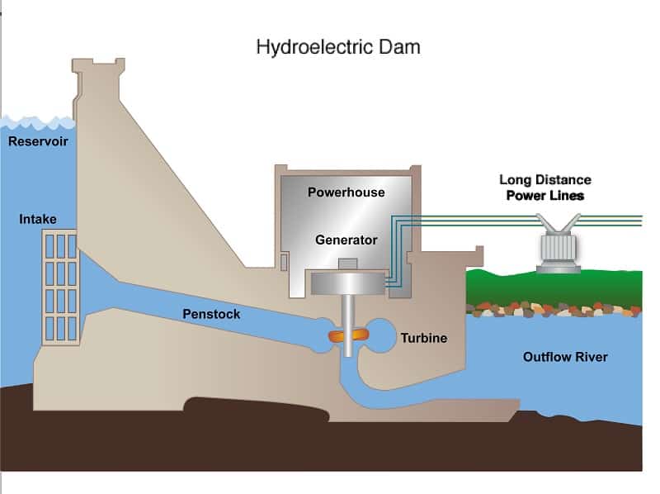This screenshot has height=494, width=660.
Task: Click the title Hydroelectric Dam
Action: (x=338, y=48)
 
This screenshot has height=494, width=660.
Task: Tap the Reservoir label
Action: (x=38, y=141)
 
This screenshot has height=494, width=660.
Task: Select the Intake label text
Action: (x=38, y=219)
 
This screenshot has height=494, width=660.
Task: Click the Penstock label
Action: (x=211, y=314)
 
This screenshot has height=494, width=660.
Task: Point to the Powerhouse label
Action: (x=346, y=192)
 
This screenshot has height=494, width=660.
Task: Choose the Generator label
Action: (x=346, y=240)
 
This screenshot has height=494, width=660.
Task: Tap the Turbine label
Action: (x=424, y=338)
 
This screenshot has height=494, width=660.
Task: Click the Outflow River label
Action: (x=565, y=357)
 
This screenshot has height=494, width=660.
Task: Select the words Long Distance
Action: (x=545, y=180)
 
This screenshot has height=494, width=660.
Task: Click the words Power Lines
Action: (x=545, y=196)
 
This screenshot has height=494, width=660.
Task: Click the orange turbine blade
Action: (x=348, y=335)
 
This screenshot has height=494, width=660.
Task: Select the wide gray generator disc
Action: (x=347, y=283)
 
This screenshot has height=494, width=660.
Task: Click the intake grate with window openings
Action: (x=61, y=287)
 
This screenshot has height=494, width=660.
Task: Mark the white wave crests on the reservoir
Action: (x=38, y=123)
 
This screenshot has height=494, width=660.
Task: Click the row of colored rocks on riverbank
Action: (x=554, y=310)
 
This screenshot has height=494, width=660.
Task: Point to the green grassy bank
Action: (x=554, y=287)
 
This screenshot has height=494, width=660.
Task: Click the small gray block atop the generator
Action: (x=347, y=264)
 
